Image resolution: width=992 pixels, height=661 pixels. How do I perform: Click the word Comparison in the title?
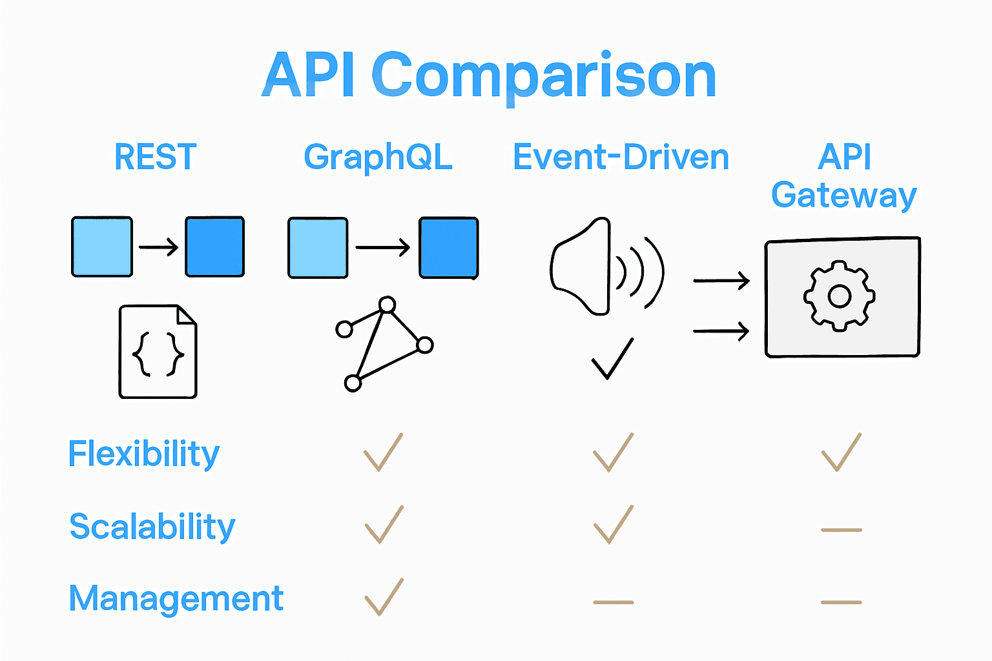coord(544,76)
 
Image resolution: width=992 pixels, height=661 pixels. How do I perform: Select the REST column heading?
coord(155,157)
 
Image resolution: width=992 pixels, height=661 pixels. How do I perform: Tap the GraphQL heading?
coord(378,157)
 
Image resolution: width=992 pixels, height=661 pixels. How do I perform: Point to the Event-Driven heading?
coord(621,157)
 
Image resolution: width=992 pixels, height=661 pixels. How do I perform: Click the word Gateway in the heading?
coord(843,195)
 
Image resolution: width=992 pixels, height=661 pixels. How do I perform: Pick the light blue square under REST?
coord(102,247)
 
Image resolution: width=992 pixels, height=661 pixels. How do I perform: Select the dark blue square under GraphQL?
coord(449,248)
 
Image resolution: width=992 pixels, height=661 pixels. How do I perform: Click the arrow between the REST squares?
coord(159,247)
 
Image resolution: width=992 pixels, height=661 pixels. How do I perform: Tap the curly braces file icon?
coord(158,352)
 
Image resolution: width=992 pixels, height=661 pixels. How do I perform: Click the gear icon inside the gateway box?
coord(839,296)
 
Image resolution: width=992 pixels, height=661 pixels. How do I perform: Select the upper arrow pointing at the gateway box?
coord(721,281)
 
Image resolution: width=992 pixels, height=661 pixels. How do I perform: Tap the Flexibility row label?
coord(144,454)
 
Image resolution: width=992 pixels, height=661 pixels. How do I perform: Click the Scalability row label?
coord(152,527)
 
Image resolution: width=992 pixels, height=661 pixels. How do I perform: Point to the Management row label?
coord(176,598)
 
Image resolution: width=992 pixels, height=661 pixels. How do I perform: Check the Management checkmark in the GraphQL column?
coord(384,597)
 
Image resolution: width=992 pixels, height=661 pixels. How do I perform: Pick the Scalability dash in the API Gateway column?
coord(841,530)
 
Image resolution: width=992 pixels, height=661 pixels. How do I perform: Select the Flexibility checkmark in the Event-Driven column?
coord(613,453)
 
